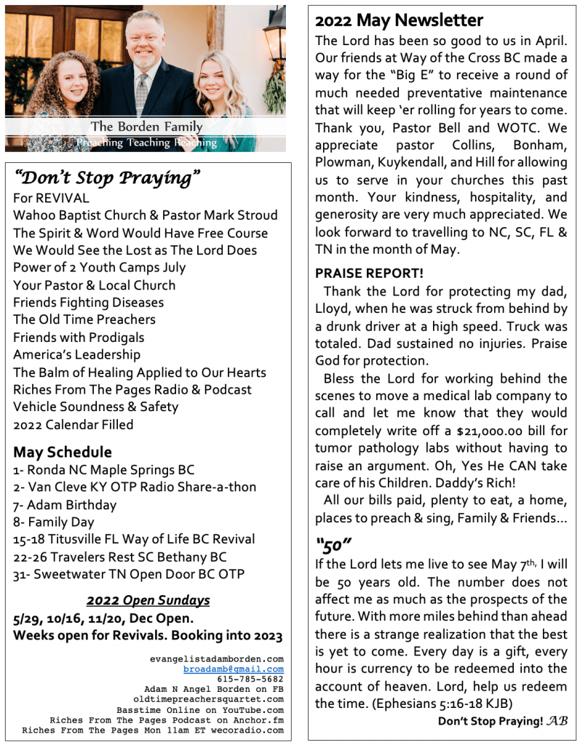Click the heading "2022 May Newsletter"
click(x=399, y=20)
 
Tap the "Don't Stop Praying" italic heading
click(x=107, y=177)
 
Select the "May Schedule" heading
click(x=63, y=452)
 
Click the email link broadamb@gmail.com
click(x=233, y=669)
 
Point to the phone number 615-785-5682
click(x=250, y=679)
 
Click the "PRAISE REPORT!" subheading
click(x=369, y=274)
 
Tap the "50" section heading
click(x=333, y=544)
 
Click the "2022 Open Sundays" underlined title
click(x=148, y=600)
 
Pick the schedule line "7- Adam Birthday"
click(x=65, y=504)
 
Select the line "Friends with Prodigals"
click(x=79, y=337)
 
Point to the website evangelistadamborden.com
click(x=216, y=658)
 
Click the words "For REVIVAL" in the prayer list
click(x=52, y=198)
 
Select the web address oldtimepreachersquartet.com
click(x=211, y=699)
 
